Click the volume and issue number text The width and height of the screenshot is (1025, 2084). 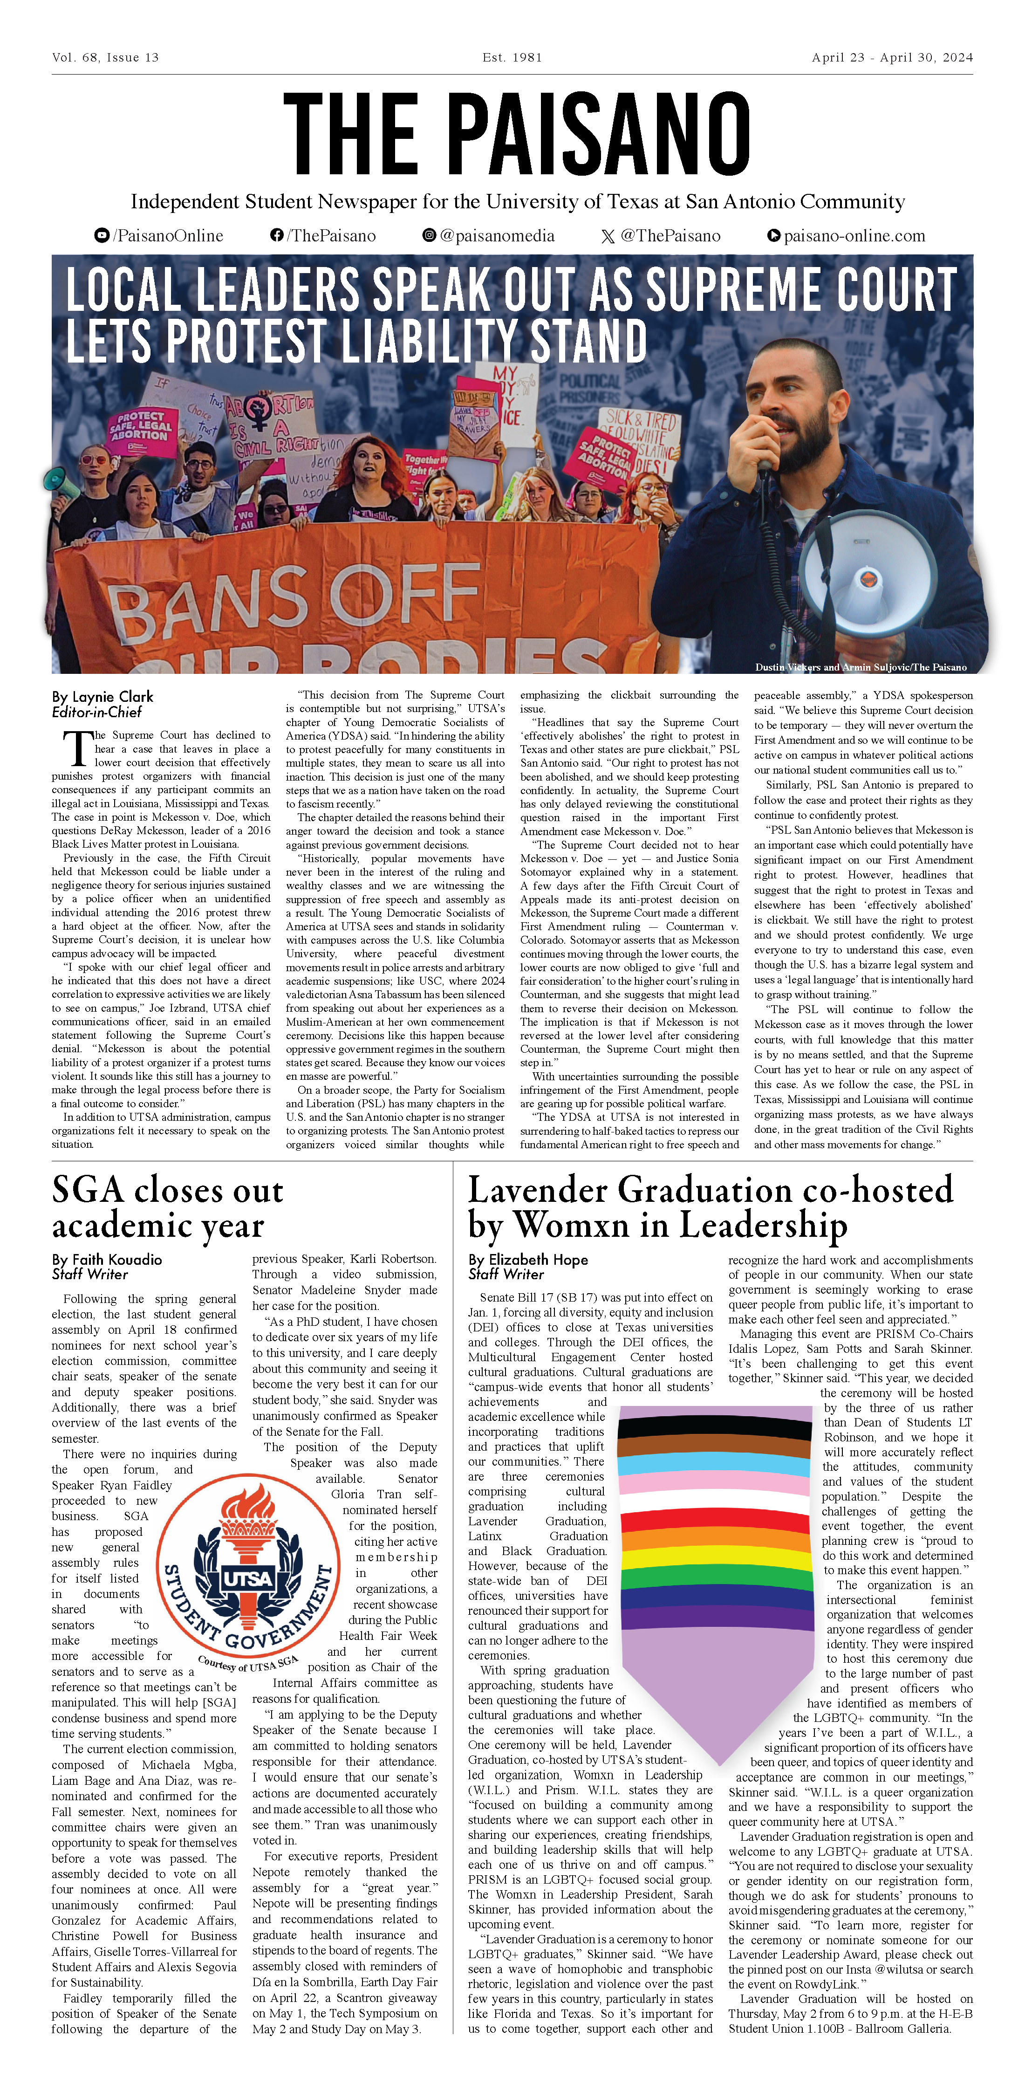click(105, 57)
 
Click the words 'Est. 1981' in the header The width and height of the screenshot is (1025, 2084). click(511, 57)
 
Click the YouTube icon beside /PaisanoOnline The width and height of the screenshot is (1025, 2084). click(102, 235)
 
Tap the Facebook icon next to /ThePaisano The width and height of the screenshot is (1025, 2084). click(277, 235)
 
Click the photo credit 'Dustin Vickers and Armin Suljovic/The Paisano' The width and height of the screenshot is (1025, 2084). click(860, 667)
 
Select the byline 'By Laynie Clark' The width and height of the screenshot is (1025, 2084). click(102, 697)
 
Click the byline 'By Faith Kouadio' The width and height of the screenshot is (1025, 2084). click(107, 1260)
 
